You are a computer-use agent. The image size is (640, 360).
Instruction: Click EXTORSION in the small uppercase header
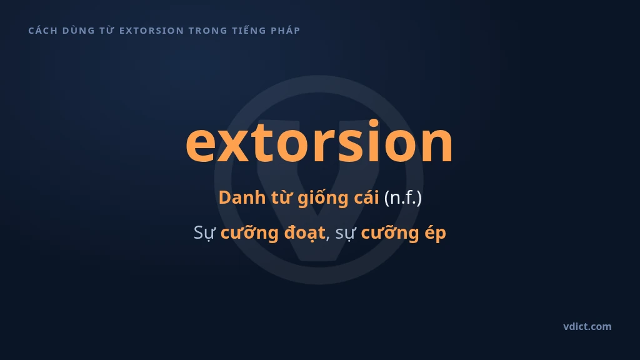point(151,31)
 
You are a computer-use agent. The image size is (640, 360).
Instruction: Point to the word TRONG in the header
point(207,31)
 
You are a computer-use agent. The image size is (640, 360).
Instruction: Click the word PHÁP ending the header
point(285,30)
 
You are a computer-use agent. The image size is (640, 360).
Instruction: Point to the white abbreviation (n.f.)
point(403,198)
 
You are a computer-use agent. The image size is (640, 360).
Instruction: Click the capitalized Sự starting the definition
point(204,233)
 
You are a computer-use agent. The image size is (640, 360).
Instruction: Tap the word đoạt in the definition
point(304,233)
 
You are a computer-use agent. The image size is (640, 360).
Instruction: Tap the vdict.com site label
point(587,326)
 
